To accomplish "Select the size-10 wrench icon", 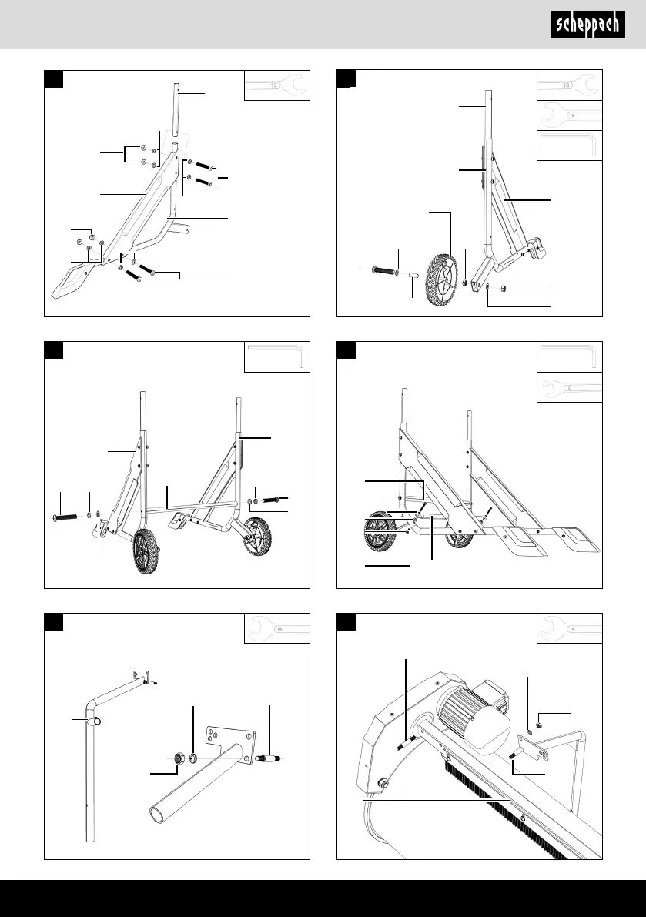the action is [568, 388].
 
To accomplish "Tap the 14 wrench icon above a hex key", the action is [569, 115].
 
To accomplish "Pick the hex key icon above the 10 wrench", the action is [568, 357].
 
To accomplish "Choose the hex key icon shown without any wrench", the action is [276, 357].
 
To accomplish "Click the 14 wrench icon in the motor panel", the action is [569, 628].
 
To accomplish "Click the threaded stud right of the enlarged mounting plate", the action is [271, 758].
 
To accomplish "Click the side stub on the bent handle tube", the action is [99, 721].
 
